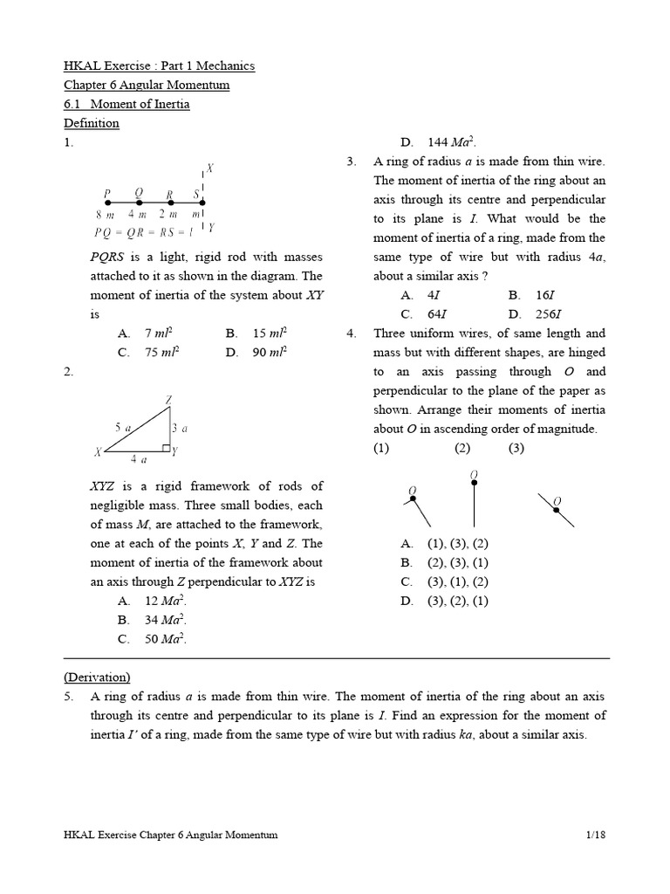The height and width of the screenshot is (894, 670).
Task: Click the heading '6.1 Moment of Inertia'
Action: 126,104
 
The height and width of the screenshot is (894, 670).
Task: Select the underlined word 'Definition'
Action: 92,123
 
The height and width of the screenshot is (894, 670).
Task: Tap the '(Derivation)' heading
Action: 97,677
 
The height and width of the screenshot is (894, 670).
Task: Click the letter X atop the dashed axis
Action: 210,168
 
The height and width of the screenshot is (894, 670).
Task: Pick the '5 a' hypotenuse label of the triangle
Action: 122,427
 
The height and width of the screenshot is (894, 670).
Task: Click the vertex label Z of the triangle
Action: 169,400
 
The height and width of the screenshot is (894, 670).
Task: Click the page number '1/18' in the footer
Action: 597,835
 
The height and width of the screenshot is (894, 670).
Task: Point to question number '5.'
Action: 70,696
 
